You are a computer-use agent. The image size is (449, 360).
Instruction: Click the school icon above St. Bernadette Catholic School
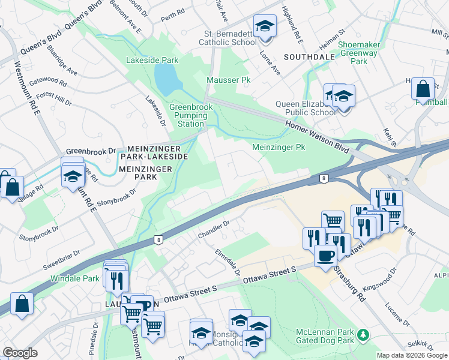pos(264,26)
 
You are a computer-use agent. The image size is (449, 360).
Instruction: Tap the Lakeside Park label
pos(152,61)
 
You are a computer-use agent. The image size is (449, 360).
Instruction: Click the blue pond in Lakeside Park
pos(166,76)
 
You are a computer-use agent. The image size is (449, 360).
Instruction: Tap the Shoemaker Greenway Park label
pos(361,53)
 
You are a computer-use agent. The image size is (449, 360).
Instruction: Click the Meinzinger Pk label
pos(279,147)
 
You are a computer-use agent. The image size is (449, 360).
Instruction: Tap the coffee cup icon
pos(325,256)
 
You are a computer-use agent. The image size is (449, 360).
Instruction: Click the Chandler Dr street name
pos(214,229)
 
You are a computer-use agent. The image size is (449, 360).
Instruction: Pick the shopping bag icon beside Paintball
pos(423,89)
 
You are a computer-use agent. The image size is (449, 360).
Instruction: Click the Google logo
pos(20,353)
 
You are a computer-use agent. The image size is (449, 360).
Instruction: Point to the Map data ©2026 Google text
pos(412,355)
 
